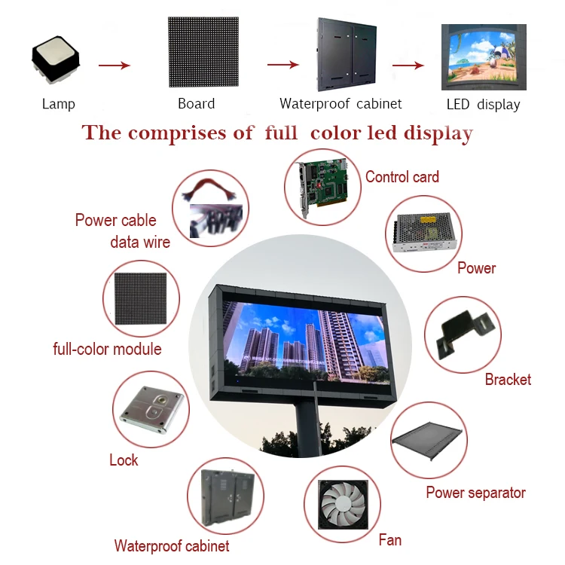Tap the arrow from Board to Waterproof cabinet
(x=283, y=66)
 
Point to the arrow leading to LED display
(x=408, y=66)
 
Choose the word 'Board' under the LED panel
(x=196, y=104)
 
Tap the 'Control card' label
(x=402, y=177)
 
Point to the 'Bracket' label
(x=508, y=379)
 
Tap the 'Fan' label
(x=389, y=539)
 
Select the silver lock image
(x=149, y=411)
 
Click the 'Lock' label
(x=124, y=460)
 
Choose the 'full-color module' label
(x=107, y=349)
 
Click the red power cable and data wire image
(x=210, y=206)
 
